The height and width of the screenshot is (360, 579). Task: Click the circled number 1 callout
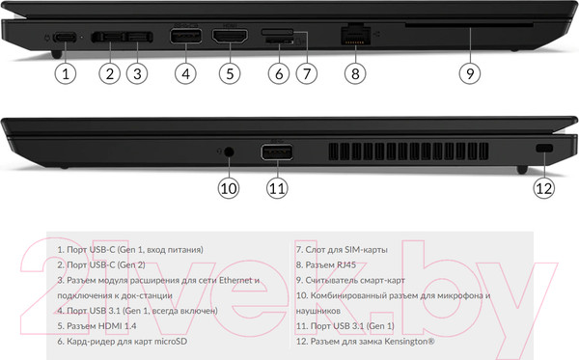pyautogui.click(x=65, y=71)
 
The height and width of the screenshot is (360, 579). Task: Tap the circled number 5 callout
pyautogui.click(x=229, y=71)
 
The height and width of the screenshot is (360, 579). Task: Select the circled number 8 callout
pyautogui.click(x=355, y=71)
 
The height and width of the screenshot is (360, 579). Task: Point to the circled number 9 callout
pyautogui.click(x=468, y=71)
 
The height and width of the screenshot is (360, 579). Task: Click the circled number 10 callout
pyautogui.click(x=228, y=188)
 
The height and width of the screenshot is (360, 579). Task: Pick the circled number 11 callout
pyautogui.click(x=277, y=188)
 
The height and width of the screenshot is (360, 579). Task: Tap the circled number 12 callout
pyautogui.click(x=544, y=188)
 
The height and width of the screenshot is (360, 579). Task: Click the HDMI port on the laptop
pyautogui.click(x=229, y=37)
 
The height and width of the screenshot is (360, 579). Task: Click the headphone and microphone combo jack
pyautogui.click(x=229, y=151)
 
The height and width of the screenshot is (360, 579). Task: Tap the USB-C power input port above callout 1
pyautogui.click(x=65, y=37)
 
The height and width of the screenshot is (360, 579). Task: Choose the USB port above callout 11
pyautogui.click(x=277, y=152)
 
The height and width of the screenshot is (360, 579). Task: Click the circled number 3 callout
pyautogui.click(x=138, y=71)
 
